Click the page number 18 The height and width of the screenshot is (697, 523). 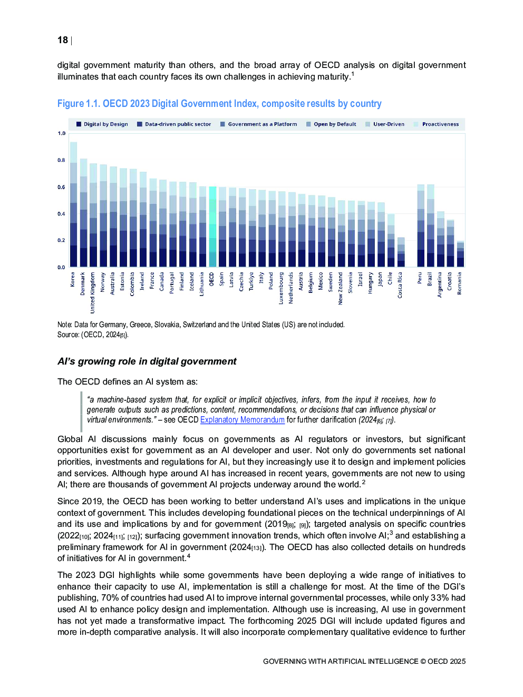pos(63,40)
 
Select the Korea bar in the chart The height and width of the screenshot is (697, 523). pos(73,211)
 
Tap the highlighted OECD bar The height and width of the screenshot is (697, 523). pos(212,232)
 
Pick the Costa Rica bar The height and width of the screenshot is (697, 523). pos(401,253)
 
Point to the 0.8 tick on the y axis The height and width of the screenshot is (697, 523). pos(62,160)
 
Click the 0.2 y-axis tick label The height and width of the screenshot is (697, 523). pos(62,240)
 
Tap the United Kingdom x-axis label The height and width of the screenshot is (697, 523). pos(93,292)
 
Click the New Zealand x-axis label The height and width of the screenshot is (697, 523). pos(341,288)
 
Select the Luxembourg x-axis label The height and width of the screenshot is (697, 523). pos(281,288)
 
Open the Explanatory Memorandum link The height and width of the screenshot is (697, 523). pos(242,420)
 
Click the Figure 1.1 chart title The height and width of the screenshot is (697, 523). pos(219,104)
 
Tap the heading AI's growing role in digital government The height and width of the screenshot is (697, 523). pos(147,361)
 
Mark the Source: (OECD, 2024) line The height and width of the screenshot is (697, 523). pos(93,335)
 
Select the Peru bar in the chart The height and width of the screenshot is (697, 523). pos(421,227)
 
